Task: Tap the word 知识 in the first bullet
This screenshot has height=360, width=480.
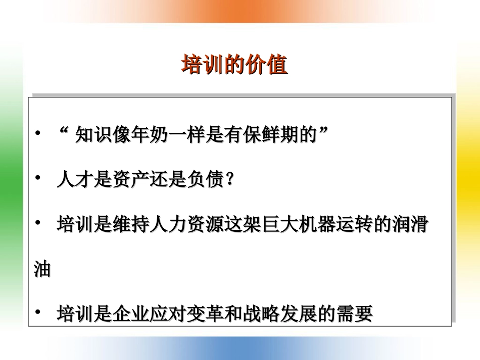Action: (93, 134)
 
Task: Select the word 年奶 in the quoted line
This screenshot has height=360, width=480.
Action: (150, 134)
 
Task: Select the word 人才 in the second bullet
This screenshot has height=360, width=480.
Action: (75, 179)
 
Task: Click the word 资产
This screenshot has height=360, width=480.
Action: (131, 179)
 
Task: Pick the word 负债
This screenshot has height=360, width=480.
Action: (206, 179)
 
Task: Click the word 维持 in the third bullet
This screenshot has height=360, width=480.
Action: (131, 224)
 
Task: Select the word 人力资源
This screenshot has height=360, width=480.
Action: (187, 224)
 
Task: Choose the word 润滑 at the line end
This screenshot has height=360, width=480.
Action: (410, 224)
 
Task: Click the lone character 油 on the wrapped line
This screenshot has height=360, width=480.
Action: (42, 269)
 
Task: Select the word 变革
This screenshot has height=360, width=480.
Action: (206, 314)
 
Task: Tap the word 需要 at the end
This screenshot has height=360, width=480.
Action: (355, 314)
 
